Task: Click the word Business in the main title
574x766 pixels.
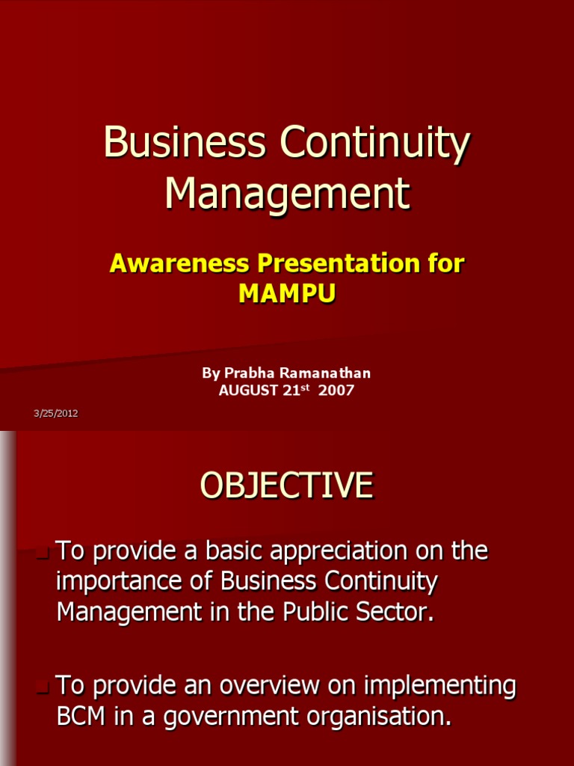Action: point(185,142)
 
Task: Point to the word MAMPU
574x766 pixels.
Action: point(287,294)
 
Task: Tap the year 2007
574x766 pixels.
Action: point(337,390)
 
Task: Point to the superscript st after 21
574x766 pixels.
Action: point(304,387)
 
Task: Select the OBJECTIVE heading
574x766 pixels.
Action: point(286,485)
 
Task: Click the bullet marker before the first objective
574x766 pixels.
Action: point(43,554)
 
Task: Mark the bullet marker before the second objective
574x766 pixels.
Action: point(43,687)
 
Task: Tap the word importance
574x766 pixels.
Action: point(123,582)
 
